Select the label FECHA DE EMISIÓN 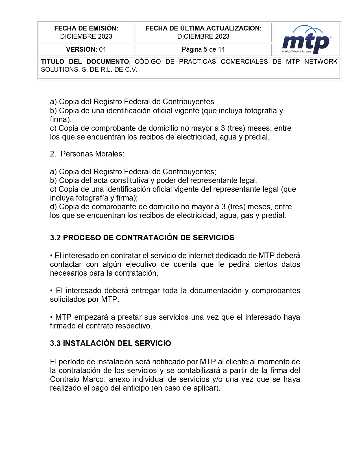point(86,28)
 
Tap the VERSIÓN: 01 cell point(86,49)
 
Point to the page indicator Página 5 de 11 point(203,49)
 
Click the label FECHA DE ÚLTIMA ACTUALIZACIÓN point(203,28)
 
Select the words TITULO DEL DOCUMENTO point(85,62)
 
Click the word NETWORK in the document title point(321,62)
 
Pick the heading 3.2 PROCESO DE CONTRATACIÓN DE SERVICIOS point(142,238)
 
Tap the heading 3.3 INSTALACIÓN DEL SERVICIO point(110,343)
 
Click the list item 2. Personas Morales point(87,154)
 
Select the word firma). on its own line point(61,119)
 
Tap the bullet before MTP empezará point(51,317)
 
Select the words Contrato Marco point(78,379)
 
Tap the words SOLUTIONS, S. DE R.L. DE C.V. point(89,69)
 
